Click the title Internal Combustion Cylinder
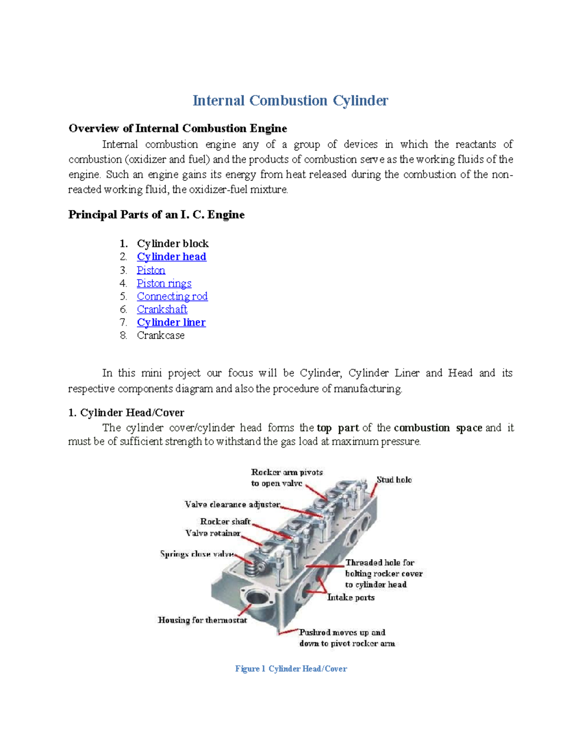coord(290,100)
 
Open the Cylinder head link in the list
coord(171,256)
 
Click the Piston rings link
coord(164,283)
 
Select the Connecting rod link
coord(172,296)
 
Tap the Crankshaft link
coord(162,309)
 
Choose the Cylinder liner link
coord(171,322)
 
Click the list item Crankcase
coord(161,336)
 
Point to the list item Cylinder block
coord(173,243)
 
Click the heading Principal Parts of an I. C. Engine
coord(156,215)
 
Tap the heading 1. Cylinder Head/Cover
coord(126,413)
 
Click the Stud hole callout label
coord(394,480)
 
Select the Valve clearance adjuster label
coord(232,504)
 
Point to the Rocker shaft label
coord(225,521)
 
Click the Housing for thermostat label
coord(202,620)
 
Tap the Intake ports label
coord(351,597)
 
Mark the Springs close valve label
coord(197,554)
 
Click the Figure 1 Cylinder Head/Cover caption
coord(291,669)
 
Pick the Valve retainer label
coord(212,533)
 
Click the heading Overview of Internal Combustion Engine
coord(178,128)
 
